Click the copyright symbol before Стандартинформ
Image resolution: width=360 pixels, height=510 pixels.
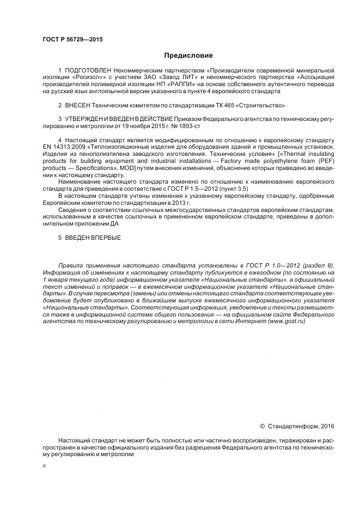click(x=262, y=426)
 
